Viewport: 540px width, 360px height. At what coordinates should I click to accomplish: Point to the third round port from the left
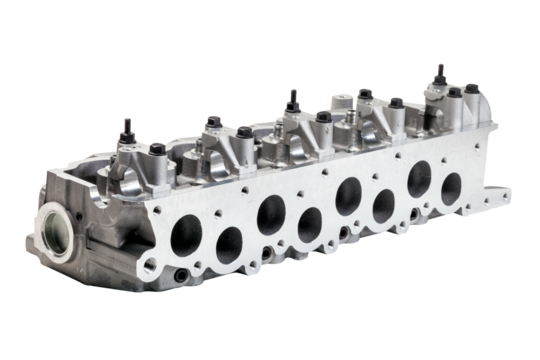(x=269, y=210)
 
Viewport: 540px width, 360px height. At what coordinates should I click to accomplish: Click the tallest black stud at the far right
(x=438, y=73)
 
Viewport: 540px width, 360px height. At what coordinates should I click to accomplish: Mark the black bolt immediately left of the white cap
(x=323, y=116)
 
